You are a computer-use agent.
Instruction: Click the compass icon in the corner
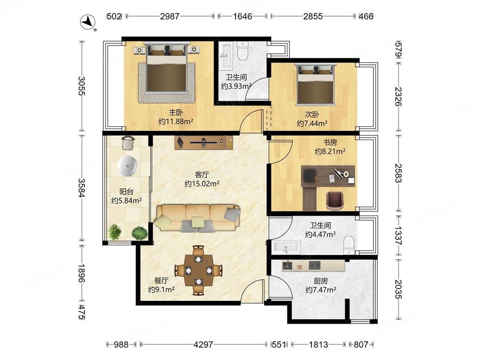[x=88, y=22]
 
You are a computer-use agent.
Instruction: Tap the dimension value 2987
[x=169, y=16]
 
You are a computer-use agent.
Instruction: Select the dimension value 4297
[x=203, y=345]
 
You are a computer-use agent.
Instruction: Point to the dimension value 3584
[x=82, y=188]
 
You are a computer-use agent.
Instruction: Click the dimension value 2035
[x=398, y=289]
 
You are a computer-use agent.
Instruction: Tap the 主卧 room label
[x=176, y=112]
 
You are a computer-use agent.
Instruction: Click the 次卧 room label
[x=312, y=115]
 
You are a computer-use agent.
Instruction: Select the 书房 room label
[x=330, y=143]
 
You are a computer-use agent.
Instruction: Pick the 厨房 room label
[x=321, y=281]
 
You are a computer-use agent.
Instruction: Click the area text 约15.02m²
[x=202, y=184]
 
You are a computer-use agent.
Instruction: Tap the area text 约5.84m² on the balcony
[x=126, y=201]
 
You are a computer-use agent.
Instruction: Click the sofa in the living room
[x=197, y=218]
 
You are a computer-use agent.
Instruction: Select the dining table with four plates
[x=199, y=270]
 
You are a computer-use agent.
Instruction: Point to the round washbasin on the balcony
[x=127, y=166]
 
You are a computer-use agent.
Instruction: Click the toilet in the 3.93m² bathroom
[x=242, y=51]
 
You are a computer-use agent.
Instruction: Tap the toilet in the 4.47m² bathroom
[x=348, y=245]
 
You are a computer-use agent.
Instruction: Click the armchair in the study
[x=334, y=201]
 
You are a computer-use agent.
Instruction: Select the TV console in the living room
[x=204, y=143]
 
